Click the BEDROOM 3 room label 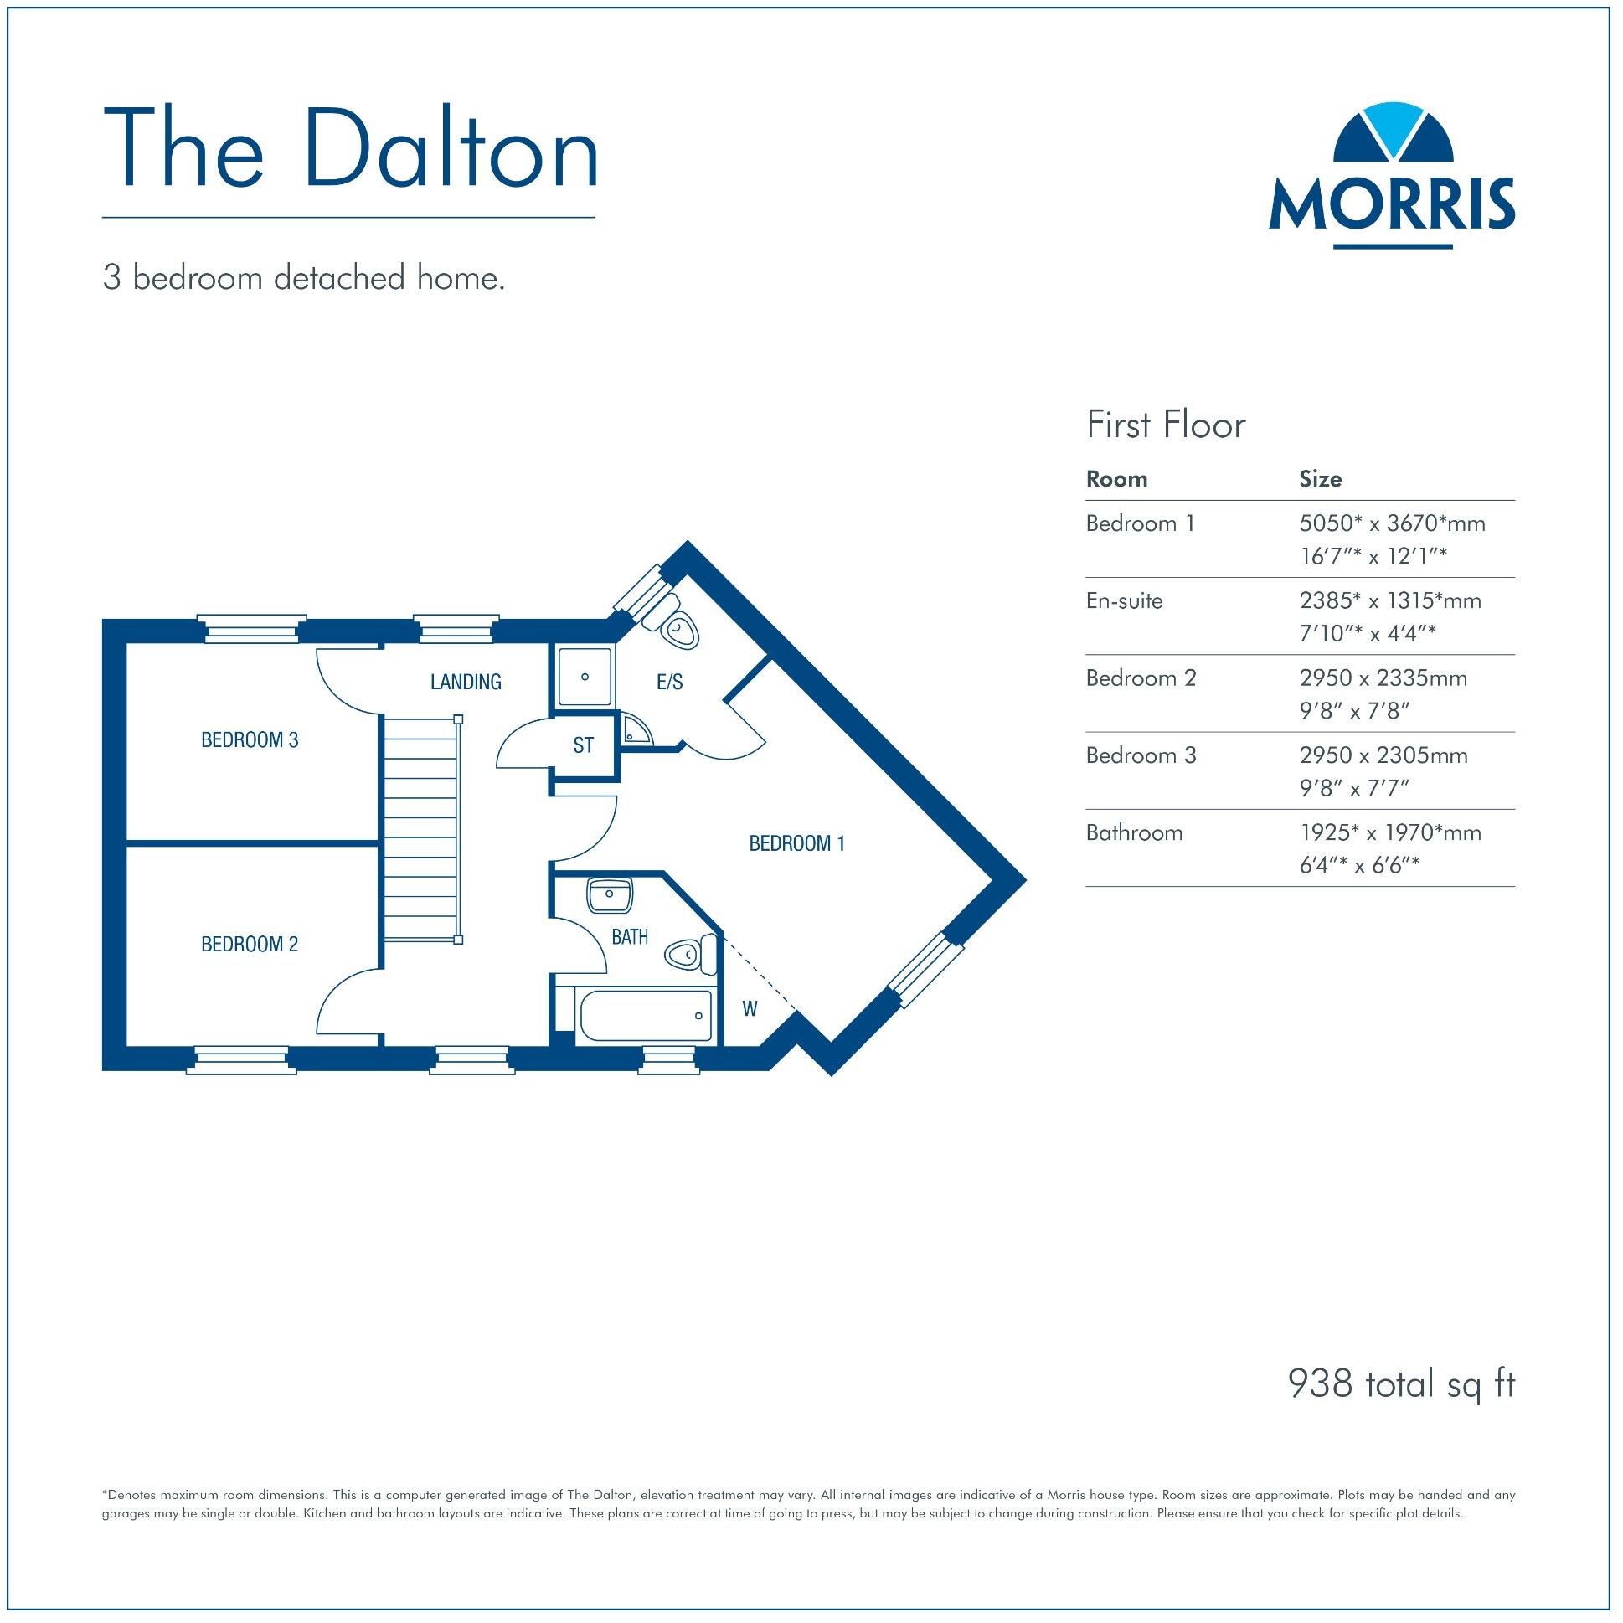[250, 740]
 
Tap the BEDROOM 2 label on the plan [250, 944]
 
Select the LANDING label [466, 683]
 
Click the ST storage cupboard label [583, 745]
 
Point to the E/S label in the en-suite [669, 683]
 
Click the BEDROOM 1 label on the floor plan [796, 843]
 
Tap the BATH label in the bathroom [629, 936]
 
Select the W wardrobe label [750, 1009]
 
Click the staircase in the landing [422, 827]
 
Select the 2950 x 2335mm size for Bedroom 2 [1383, 678]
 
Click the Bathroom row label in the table [1134, 832]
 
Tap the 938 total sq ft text [1401, 1383]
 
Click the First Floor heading [1165, 425]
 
